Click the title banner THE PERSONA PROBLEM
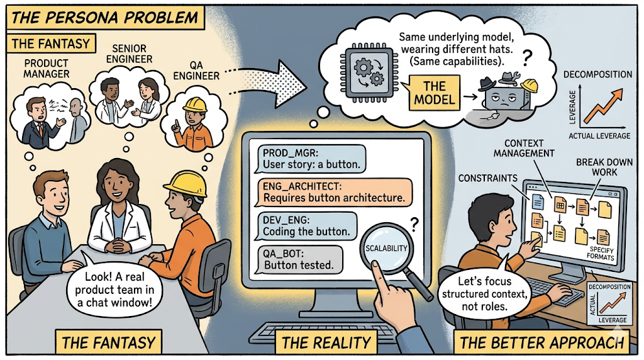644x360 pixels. click(x=105, y=18)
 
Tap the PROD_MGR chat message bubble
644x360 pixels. click(x=311, y=159)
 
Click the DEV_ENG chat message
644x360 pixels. click(x=306, y=226)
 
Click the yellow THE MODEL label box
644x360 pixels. click(x=434, y=93)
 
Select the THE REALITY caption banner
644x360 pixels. click(x=326, y=342)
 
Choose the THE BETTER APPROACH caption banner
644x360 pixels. click(x=541, y=342)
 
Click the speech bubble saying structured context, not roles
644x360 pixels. click(x=484, y=293)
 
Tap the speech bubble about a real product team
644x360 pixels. click(x=114, y=289)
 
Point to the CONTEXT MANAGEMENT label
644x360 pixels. click(x=524, y=149)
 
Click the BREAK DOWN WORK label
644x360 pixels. click(x=604, y=167)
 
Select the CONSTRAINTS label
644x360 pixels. click(x=487, y=178)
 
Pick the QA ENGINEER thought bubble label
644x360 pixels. click(x=196, y=70)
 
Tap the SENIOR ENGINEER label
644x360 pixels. click(x=129, y=54)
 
